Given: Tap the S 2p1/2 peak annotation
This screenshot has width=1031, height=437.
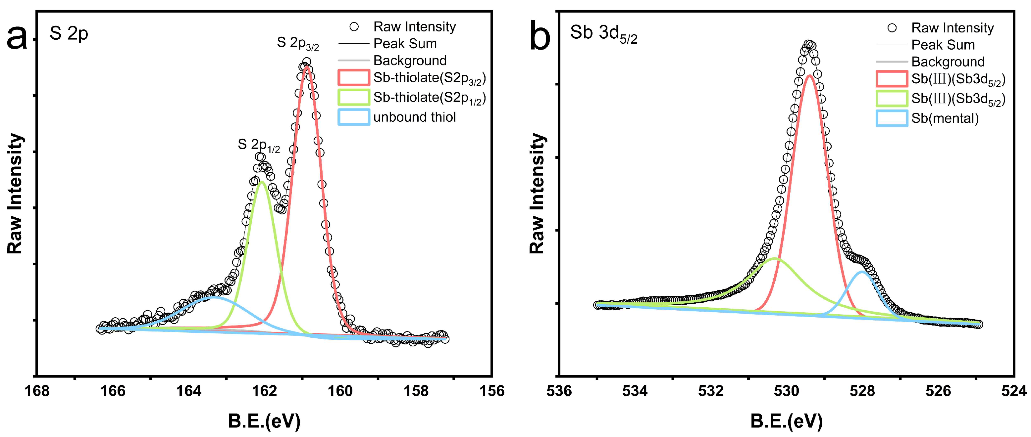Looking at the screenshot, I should click(x=259, y=145).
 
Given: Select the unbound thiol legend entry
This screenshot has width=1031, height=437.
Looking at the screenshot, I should click(x=414, y=117).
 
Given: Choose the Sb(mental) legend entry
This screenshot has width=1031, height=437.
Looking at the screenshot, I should click(x=945, y=118).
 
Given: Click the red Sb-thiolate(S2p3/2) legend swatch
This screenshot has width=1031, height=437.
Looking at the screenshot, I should click(x=353, y=77).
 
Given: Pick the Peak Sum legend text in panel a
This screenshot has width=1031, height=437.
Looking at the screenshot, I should click(x=405, y=44).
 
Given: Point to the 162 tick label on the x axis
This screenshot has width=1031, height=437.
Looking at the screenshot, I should click(x=265, y=391).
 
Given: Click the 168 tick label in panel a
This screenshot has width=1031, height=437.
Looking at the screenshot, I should click(x=37, y=391).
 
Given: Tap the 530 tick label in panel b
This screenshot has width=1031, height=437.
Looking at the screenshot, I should click(x=787, y=391).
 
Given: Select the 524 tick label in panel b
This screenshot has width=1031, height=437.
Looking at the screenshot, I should click(x=1014, y=391).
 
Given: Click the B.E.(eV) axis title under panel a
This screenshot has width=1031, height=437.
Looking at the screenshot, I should click(x=264, y=421).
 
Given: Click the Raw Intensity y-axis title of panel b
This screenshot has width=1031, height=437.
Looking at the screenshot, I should click(x=538, y=194).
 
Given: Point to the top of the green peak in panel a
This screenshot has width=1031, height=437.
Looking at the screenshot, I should click(x=262, y=182).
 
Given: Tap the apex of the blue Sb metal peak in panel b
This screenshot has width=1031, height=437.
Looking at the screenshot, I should click(x=861, y=272).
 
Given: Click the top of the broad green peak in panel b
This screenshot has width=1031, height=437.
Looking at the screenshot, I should click(x=776, y=259).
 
